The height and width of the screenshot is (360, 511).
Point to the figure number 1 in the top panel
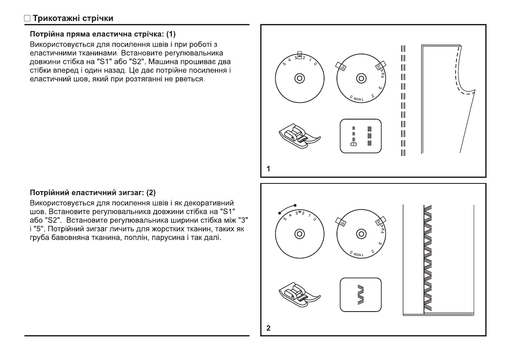[x=268, y=169]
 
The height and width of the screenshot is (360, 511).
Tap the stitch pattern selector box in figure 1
[x=361, y=135]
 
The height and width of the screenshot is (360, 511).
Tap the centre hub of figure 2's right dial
[x=361, y=234]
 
